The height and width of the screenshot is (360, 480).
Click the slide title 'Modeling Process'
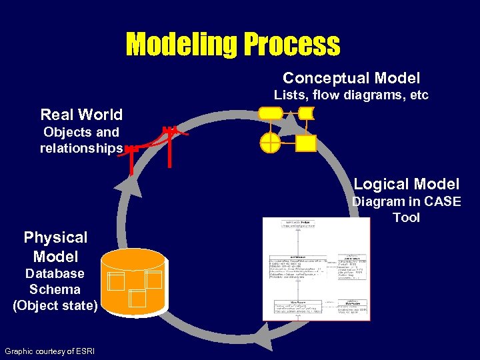point(233,45)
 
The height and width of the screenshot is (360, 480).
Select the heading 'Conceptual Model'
point(351,78)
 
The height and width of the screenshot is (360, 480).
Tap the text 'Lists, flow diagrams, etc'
point(351,95)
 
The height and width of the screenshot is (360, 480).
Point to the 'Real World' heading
point(81,115)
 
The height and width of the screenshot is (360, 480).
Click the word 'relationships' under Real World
point(81,148)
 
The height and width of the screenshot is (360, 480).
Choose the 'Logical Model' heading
point(406,184)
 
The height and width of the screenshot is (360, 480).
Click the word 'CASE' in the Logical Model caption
point(443,201)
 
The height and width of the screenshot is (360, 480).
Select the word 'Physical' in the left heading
point(55,237)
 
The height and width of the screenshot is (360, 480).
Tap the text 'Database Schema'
point(55,281)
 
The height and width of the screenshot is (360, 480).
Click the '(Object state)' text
point(55,306)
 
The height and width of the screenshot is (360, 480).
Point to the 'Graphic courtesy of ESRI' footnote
point(49,351)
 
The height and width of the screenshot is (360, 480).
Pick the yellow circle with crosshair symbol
point(271,143)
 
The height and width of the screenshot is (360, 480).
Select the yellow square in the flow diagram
point(306,143)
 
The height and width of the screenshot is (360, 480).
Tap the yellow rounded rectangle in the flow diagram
point(271,113)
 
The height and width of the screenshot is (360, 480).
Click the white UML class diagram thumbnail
point(316,269)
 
